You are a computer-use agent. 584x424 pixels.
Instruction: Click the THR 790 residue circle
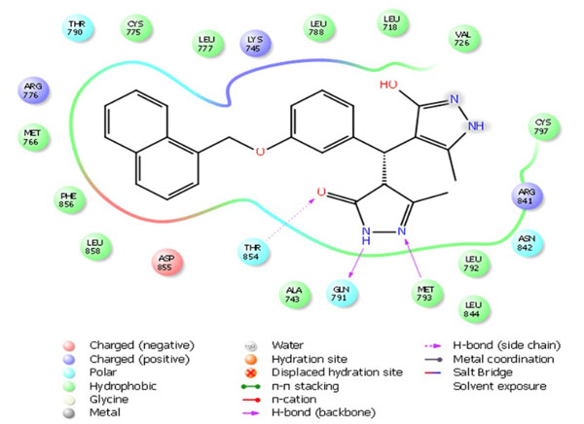click(77, 26)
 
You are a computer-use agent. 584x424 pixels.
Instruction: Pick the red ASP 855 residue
click(168, 261)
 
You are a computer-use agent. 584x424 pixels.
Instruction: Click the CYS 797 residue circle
click(542, 127)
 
